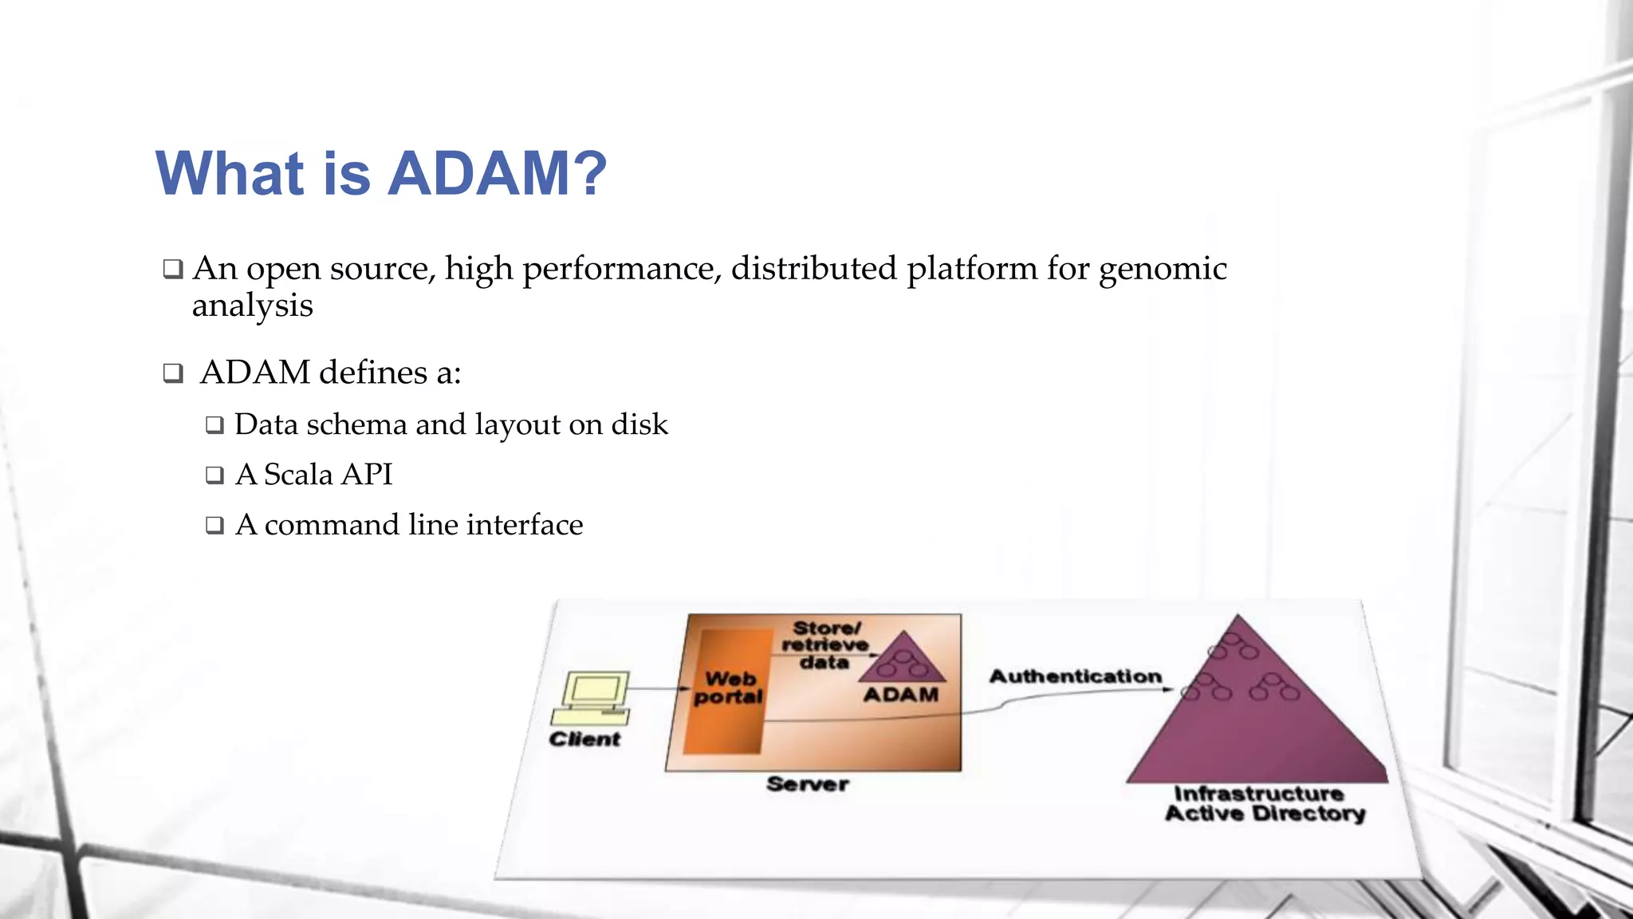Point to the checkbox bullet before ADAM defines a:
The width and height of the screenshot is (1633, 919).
pos(172,373)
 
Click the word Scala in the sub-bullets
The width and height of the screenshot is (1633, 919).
pos(297,475)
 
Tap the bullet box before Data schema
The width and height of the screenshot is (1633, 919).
pos(214,425)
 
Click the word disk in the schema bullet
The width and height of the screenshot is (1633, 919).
pos(639,424)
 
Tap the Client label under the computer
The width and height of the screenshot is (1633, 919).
pos(584,740)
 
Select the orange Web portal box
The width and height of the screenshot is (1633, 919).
pos(727,691)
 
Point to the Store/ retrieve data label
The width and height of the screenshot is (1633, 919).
pos(824,645)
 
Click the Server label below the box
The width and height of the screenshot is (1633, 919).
pos(807,784)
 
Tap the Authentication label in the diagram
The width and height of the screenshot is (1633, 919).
pos(1075,676)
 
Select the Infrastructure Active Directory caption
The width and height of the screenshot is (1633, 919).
pos(1264,804)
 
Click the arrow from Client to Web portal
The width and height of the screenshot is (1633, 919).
pos(658,688)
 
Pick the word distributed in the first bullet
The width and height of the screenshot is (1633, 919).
pos(813,269)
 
